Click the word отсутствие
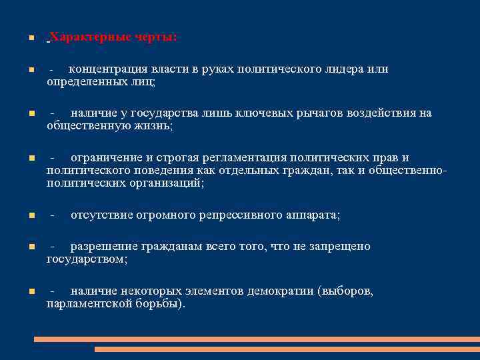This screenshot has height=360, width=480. [x=100, y=215]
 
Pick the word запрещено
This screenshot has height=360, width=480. [x=339, y=247]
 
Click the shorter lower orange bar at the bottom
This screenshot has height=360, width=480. [x=287, y=349]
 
